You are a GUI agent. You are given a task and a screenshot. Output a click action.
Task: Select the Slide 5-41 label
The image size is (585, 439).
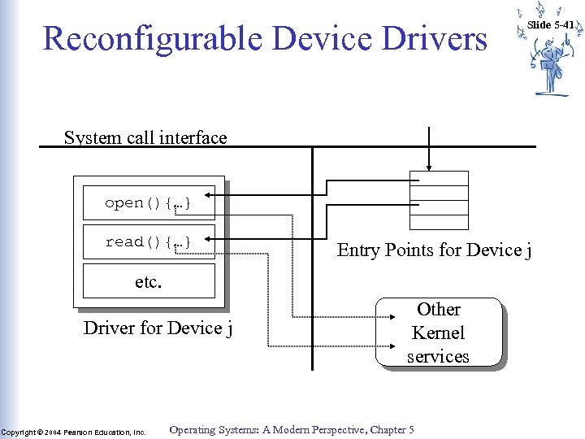click(x=552, y=24)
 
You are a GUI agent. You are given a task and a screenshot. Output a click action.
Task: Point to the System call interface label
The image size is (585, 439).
click(x=145, y=137)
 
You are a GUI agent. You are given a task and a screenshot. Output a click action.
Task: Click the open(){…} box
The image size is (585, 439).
click(x=149, y=203)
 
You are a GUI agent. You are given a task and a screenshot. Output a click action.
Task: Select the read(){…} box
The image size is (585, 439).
click(x=149, y=242)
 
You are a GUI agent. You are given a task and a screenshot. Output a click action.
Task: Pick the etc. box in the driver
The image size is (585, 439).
click(x=149, y=282)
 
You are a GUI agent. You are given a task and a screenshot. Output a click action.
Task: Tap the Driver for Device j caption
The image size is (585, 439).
click(x=158, y=328)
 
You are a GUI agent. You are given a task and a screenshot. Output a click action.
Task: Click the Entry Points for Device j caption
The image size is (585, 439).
click(x=435, y=250)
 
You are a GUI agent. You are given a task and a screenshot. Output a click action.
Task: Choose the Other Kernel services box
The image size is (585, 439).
click(x=438, y=333)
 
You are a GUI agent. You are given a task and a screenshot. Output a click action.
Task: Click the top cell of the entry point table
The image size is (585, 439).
click(x=439, y=179)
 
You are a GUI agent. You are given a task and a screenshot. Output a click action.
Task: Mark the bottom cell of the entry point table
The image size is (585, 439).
click(x=439, y=222)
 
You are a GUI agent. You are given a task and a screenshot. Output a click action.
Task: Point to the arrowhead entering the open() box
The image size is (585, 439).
click(x=210, y=196)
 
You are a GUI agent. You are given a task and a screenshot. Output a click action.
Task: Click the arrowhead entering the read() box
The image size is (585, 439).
click(x=210, y=238)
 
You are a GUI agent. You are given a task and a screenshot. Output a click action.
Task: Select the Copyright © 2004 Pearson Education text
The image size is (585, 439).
click(x=73, y=432)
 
